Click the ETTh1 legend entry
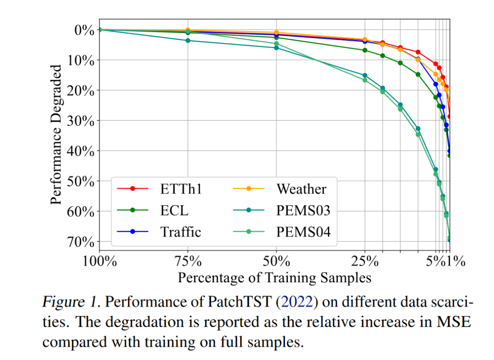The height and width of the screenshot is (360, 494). tap(181, 189)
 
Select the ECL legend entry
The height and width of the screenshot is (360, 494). tap(174, 210)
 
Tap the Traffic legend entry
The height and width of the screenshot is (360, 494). tap(180, 232)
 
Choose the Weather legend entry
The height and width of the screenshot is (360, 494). tap(301, 189)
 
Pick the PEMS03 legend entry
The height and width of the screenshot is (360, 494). tap(303, 210)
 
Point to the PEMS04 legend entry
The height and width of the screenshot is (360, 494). tap(303, 232)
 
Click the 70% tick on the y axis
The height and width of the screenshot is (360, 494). tap(80, 242)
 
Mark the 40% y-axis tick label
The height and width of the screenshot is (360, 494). tap(80, 151)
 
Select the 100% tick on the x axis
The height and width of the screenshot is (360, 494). tap(99, 262)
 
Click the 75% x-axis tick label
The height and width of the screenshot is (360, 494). tap(188, 262)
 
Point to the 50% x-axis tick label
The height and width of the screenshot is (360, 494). tap(276, 262)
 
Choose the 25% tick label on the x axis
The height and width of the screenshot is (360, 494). tap(365, 262)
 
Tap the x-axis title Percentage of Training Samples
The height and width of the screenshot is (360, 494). tap(274, 278)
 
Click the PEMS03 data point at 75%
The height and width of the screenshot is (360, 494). tap(188, 41)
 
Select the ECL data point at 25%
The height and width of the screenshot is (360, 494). tap(365, 50)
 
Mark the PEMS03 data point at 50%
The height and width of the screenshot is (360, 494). tap(276, 48)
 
